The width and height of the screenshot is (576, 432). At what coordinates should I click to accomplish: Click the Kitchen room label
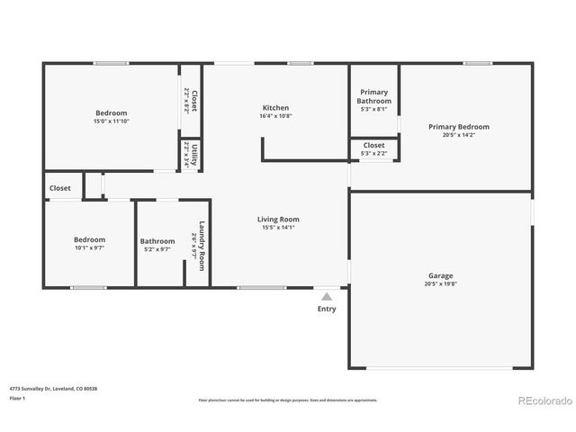275,108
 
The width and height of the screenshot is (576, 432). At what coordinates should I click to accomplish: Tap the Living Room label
278,219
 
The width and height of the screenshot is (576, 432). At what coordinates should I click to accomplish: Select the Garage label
440,275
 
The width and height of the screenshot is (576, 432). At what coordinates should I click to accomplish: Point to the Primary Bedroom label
459,127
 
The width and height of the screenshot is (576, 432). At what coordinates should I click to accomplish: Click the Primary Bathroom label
374,96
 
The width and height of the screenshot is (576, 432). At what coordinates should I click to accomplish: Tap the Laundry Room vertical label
202,241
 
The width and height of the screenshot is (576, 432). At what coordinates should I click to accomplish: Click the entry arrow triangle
327,295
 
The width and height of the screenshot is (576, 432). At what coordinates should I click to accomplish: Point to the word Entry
327,309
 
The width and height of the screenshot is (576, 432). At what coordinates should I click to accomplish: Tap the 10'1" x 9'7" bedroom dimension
89,248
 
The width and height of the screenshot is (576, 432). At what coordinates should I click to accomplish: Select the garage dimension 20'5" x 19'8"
440,284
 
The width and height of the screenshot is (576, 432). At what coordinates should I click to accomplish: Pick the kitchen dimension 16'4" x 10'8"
275,116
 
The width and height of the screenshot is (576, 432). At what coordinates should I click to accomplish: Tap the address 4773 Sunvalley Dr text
53,388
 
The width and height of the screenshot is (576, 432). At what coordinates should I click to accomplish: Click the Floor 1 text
18,398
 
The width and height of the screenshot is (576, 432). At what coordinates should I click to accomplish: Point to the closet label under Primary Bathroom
374,145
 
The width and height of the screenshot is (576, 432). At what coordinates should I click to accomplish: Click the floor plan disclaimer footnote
288,400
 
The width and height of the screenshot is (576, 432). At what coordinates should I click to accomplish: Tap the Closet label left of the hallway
60,188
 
